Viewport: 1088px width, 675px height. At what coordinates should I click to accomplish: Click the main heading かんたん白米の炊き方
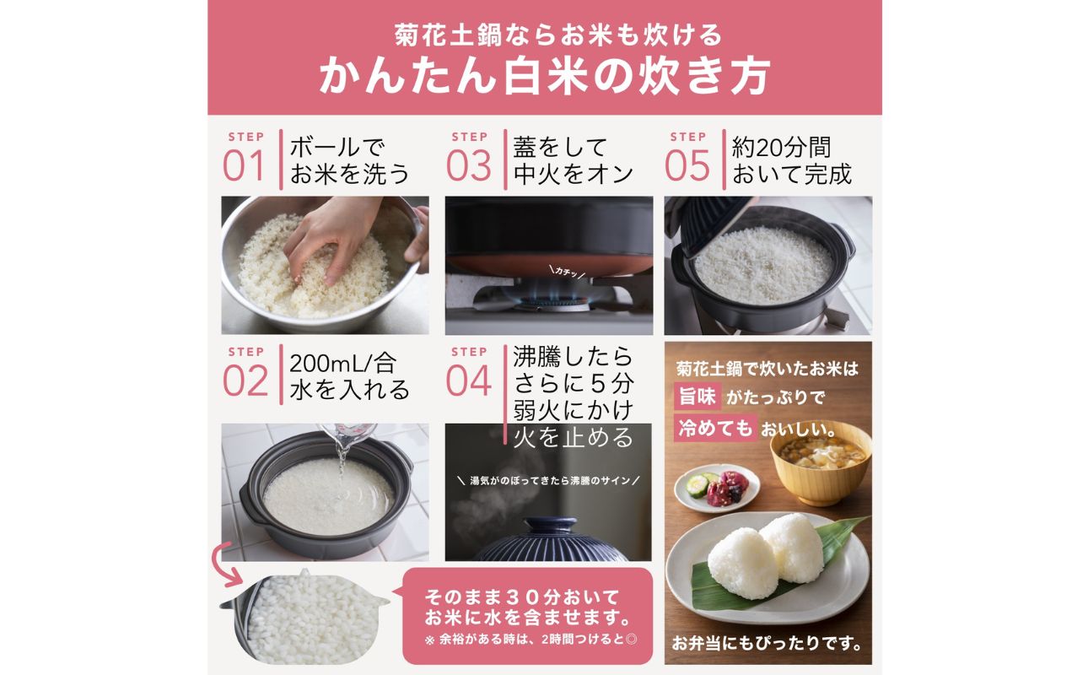pos(544,77)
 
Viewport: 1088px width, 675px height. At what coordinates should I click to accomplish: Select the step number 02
pos(245,381)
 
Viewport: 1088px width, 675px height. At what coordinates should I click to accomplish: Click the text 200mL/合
pos(342,364)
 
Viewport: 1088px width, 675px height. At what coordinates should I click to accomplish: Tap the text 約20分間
pos(781,148)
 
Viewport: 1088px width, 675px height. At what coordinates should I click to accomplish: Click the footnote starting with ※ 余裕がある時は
pos(531,638)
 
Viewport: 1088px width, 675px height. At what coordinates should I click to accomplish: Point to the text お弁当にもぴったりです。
pos(767,644)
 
